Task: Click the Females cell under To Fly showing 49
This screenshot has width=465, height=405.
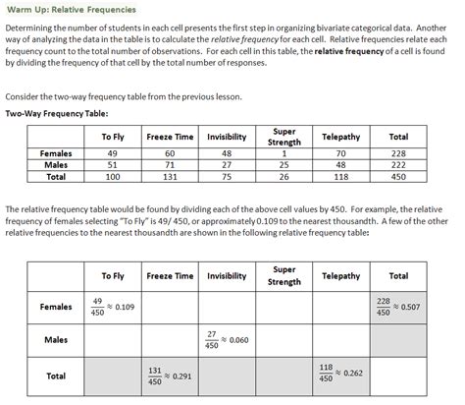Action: pos(111,153)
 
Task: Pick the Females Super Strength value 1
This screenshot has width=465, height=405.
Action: pos(284,153)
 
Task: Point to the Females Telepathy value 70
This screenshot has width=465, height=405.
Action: pos(341,153)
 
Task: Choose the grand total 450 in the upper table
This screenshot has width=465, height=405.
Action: pos(398,177)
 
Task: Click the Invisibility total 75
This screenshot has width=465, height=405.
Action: pos(227,177)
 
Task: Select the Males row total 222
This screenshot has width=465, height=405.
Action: pos(398,165)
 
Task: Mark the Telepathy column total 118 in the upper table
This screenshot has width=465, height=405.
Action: pos(341,177)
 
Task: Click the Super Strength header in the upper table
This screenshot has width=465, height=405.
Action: pos(284,136)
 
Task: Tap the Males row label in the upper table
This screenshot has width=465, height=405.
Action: pos(55,165)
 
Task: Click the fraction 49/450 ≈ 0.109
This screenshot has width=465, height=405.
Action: pos(113,307)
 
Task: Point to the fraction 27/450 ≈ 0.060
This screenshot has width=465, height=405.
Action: pos(227,340)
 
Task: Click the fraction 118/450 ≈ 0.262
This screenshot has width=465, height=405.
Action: pos(341,374)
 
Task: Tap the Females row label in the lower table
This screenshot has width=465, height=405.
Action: pos(55,307)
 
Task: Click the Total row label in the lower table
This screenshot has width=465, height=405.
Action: pos(55,375)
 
